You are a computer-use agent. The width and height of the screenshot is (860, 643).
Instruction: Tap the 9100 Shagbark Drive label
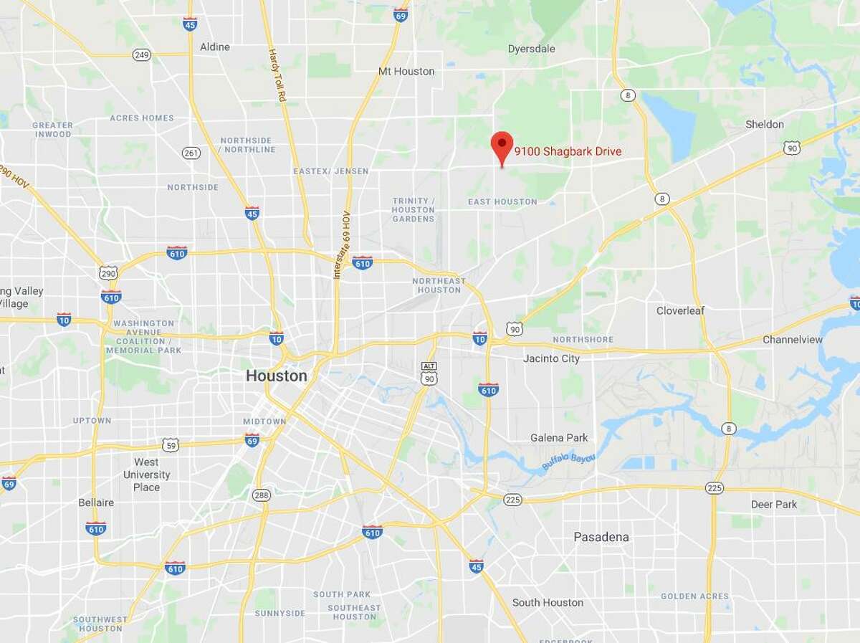click(568, 151)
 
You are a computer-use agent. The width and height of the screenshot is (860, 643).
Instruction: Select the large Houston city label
click(277, 376)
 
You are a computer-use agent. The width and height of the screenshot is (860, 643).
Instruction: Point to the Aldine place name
click(215, 47)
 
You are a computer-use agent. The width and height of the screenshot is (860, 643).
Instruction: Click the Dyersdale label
click(531, 49)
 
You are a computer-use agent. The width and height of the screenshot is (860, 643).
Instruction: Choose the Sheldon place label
click(765, 124)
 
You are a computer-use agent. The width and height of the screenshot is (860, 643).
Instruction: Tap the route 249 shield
click(141, 54)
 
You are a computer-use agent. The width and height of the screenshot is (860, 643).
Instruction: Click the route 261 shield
click(191, 153)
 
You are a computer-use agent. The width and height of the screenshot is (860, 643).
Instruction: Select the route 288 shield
click(260, 495)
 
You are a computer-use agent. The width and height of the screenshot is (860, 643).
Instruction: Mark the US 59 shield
click(170, 444)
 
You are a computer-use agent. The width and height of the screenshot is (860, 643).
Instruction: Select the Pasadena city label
click(601, 537)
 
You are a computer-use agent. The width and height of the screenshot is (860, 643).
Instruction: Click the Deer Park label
click(774, 505)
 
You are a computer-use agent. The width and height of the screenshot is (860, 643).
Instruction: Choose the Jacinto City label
click(551, 358)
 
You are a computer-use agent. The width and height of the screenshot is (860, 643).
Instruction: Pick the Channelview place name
click(793, 339)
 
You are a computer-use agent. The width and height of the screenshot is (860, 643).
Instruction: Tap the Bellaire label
click(96, 503)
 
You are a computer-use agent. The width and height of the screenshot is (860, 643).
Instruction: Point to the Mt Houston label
click(406, 71)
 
